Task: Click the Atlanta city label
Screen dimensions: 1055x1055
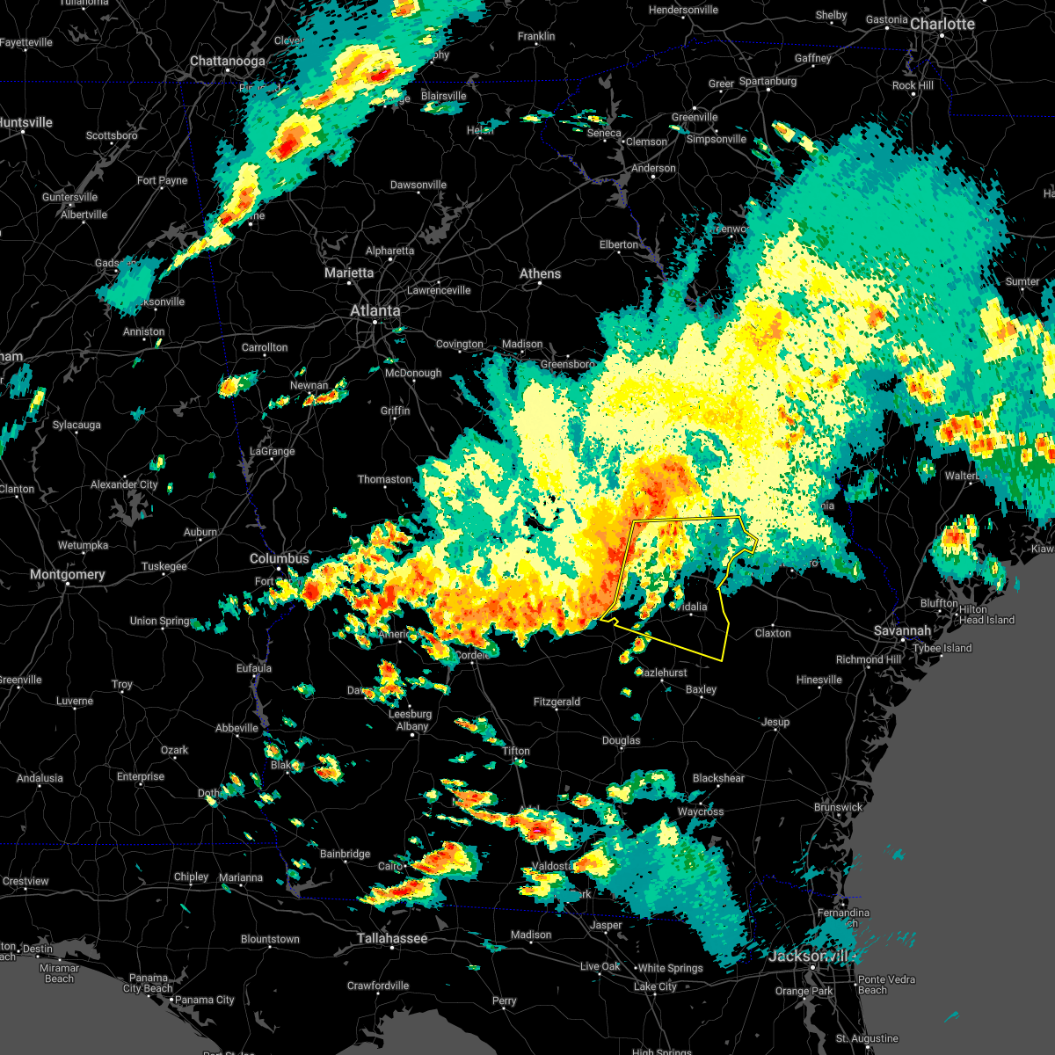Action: (375, 310)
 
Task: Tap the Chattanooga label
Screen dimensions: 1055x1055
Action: (228, 62)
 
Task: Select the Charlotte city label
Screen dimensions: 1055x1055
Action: (942, 24)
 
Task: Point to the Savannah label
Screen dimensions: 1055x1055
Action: (902, 631)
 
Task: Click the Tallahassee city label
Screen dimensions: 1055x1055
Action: (392, 938)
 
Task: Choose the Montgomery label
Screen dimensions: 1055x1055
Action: (67, 574)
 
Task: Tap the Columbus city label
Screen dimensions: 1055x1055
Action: (280, 558)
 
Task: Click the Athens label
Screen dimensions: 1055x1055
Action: (540, 273)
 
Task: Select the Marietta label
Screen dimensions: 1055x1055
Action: (349, 273)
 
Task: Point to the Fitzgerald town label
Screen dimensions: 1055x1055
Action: (557, 702)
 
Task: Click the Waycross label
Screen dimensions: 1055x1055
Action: (700, 811)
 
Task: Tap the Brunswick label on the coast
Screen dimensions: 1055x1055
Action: (838, 807)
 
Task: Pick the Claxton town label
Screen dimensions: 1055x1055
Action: (773, 633)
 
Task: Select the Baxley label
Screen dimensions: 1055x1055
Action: (701, 689)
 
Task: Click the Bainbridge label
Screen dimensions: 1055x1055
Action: (345, 854)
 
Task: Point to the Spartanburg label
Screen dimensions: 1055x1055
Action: (768, 81)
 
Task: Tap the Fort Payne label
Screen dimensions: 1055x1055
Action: (163, 181)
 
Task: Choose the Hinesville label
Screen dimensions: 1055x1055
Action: (819, 680)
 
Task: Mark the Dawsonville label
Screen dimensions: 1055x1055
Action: (418, 185)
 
